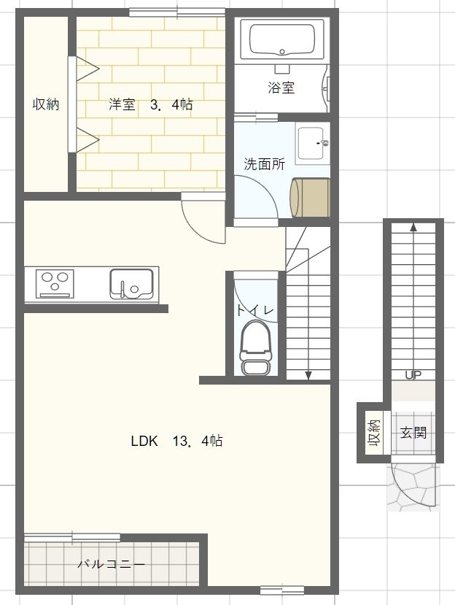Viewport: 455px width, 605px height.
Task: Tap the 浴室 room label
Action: point(281,88)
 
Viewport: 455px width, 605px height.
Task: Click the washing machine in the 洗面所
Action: point(311,196)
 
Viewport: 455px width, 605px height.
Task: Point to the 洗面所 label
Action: point(264,164)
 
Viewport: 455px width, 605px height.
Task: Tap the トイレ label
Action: point(254,310)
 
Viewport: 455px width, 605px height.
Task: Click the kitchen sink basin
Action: point(131,282)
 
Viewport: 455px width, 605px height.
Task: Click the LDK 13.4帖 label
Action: point(176,441)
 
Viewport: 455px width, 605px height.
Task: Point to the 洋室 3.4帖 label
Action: point(151,104)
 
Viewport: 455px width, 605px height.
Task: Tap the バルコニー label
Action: point(111,564)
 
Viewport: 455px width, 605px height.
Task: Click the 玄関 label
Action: point(413,433)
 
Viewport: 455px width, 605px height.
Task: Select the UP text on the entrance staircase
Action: point(413,375)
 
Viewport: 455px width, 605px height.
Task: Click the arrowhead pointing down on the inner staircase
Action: point(308,375)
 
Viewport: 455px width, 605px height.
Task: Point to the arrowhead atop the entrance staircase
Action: point(413,227)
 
